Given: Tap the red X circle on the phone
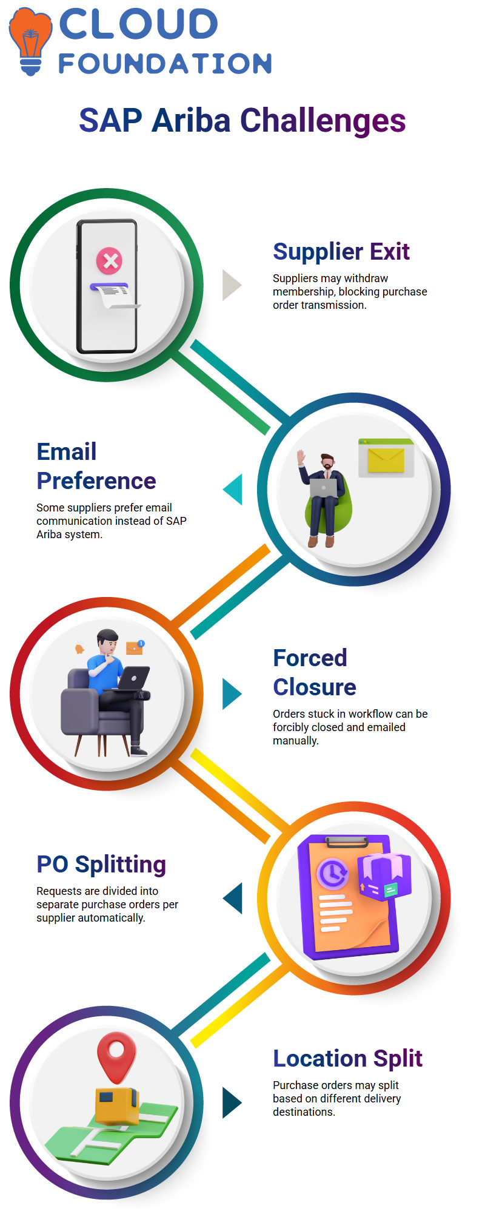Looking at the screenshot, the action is (x=109, y=261).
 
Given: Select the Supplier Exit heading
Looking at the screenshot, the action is (x=341, y=251).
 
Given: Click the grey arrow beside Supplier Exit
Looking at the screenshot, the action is (x=232, y=285).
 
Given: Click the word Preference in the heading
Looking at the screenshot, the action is (x=96, y=481).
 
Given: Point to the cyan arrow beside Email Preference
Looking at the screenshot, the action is (x=233, y=489).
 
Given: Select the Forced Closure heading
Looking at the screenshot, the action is (x=314, y=672).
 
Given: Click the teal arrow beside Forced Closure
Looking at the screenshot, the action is (x=232, y=693).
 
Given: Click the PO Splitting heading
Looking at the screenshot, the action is (x=101, y=865).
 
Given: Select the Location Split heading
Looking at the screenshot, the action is (x=347, y=1058).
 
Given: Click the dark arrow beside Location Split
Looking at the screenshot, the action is (x=232, y=1102).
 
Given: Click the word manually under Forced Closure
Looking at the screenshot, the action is (x=296, y=741).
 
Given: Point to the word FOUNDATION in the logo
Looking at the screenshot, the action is (x=165, y=64).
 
